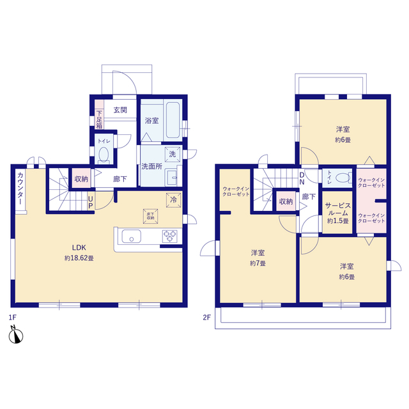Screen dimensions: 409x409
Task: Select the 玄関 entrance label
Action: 120,110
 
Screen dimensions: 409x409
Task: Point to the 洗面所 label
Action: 151,167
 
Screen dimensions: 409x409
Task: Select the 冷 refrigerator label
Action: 173,199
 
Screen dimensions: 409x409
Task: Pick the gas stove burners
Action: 170,236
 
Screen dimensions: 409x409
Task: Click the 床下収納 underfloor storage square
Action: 150,215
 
